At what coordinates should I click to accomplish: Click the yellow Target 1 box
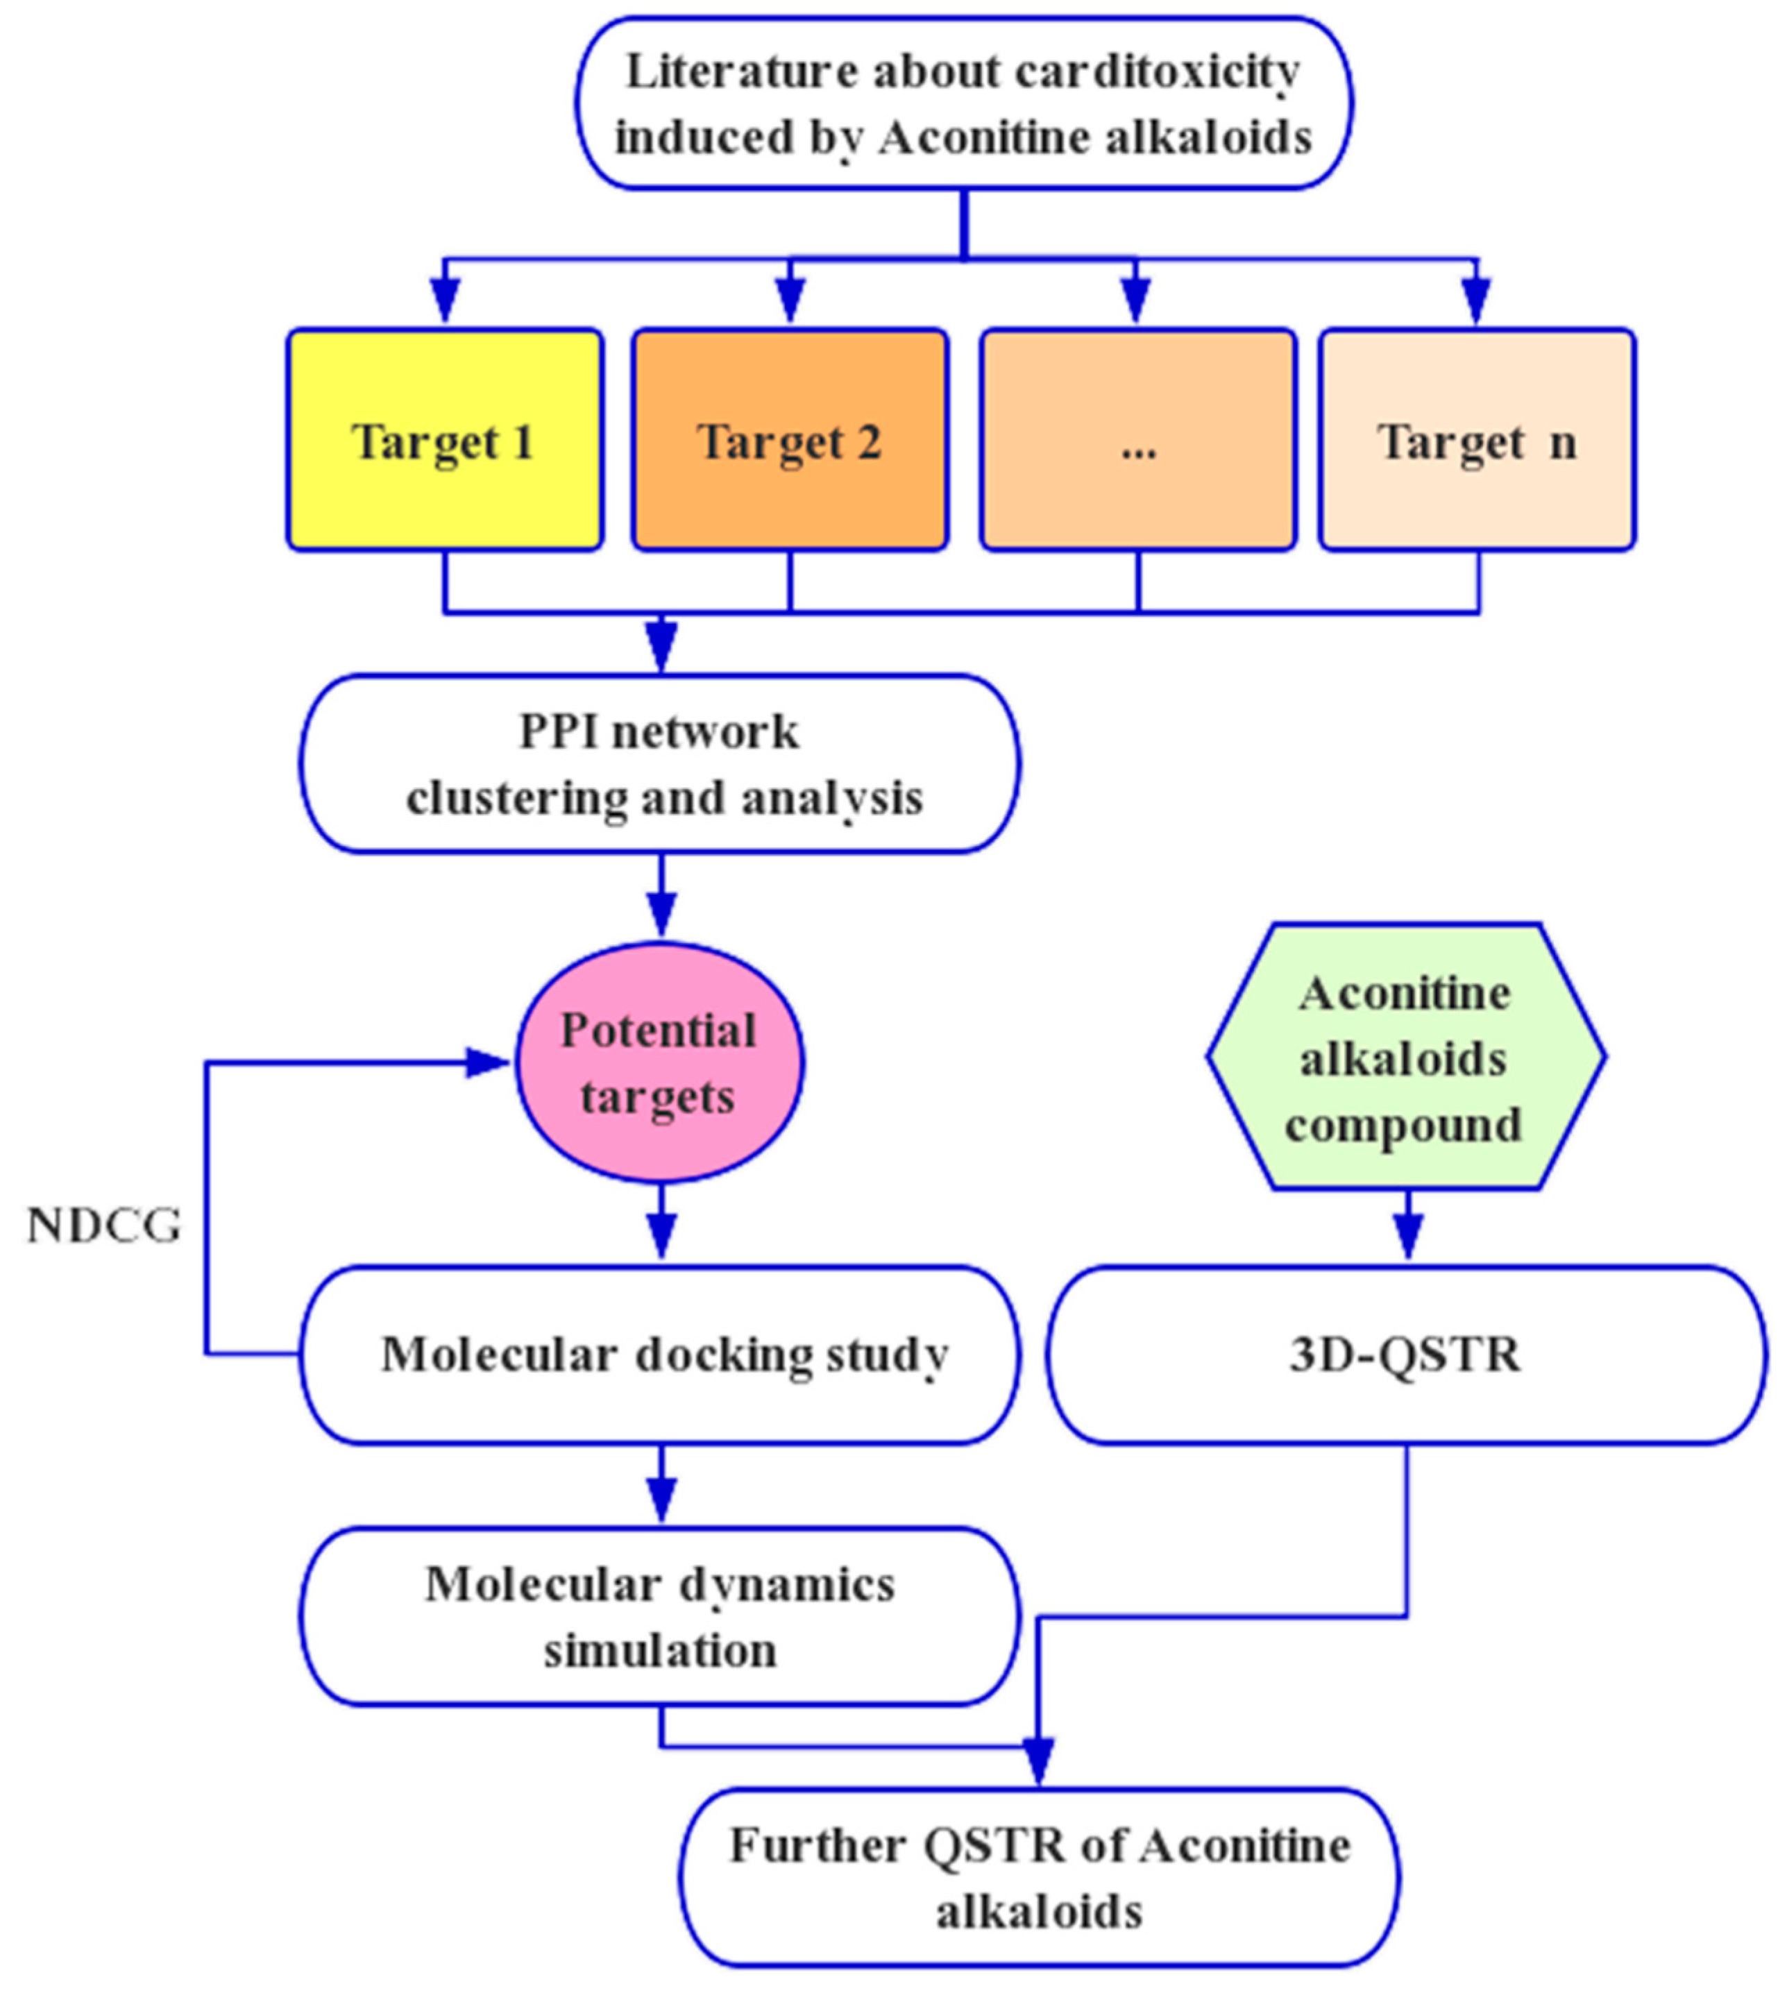[445, 440]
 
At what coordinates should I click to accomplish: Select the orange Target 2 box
[790, 440]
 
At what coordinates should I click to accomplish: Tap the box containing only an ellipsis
[1138, 440]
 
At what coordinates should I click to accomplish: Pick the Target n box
[1477, 440]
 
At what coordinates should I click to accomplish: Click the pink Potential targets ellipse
[660, 1062]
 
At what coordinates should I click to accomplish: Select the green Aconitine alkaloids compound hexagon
[1406, 1058]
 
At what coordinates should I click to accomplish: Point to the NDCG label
[104, 1226]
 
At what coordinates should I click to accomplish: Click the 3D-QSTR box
[1406, 1355]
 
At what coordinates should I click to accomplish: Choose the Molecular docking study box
[660, 1355]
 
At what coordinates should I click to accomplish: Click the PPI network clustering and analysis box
[660, 764]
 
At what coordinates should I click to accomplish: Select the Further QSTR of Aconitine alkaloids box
[1039, 1877]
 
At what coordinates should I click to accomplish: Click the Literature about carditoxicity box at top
[963, 103]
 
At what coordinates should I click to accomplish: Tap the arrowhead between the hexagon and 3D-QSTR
[1408, 1237]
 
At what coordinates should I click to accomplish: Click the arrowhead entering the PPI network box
[662, 648]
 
